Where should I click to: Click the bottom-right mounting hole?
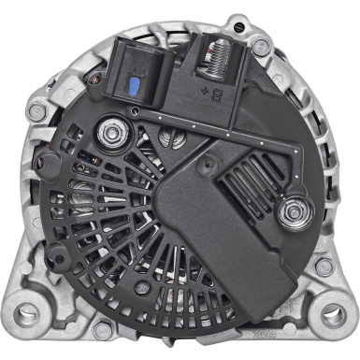pos(328,308)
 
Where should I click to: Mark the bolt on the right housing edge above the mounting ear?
pos(324,266)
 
